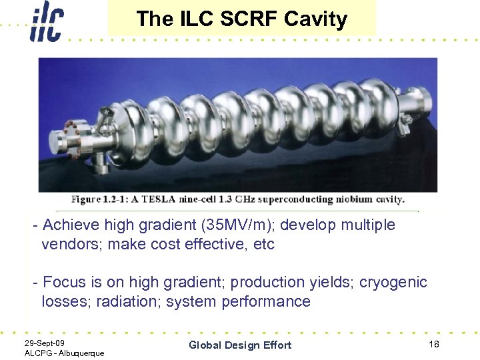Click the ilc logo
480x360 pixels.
point(46,21)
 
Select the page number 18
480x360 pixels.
point(433,343)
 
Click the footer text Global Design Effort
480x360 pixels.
point(240,345)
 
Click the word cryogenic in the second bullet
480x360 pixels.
point(393,282)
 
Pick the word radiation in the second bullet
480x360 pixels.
point(123,301)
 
